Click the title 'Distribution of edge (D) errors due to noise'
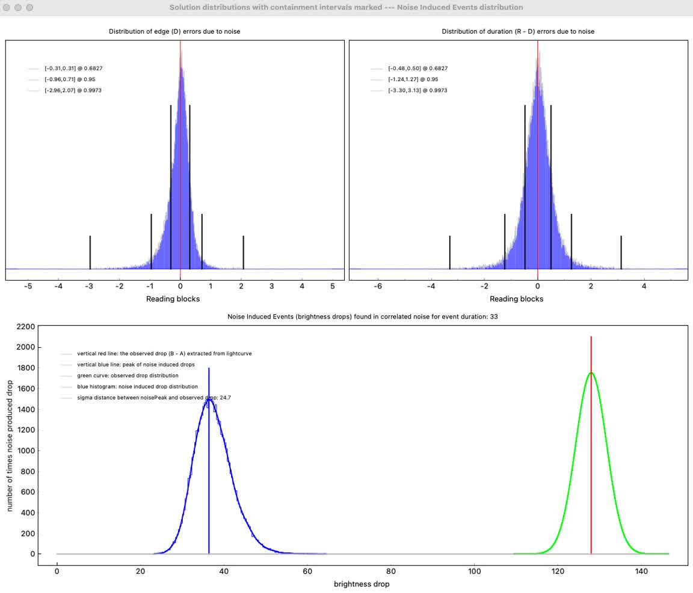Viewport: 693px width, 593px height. [x=174, y=31]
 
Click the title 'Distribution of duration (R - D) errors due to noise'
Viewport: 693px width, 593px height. [x=517, y=31]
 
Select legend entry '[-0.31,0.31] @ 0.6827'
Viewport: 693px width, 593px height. [x=69, y=68]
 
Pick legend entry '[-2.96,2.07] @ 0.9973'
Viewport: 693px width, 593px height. [x=69, y=90]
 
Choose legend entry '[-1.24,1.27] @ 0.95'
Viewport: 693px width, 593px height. [x=413, y=79]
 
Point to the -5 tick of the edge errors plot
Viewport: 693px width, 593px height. [x=28, y=287]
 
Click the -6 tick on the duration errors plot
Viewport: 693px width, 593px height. [x=378, y=287]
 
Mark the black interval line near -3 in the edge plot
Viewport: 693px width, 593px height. [x=90, y=252]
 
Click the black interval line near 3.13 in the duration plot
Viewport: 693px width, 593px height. [x=621, y=252]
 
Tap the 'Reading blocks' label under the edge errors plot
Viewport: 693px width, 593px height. [x=173, y=299]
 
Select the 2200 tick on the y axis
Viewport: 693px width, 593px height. [x=24, y=327]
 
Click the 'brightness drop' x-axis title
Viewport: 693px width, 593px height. [x=362, y=584]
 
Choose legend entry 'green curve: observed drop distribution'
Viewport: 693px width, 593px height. [x=128, y=376]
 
